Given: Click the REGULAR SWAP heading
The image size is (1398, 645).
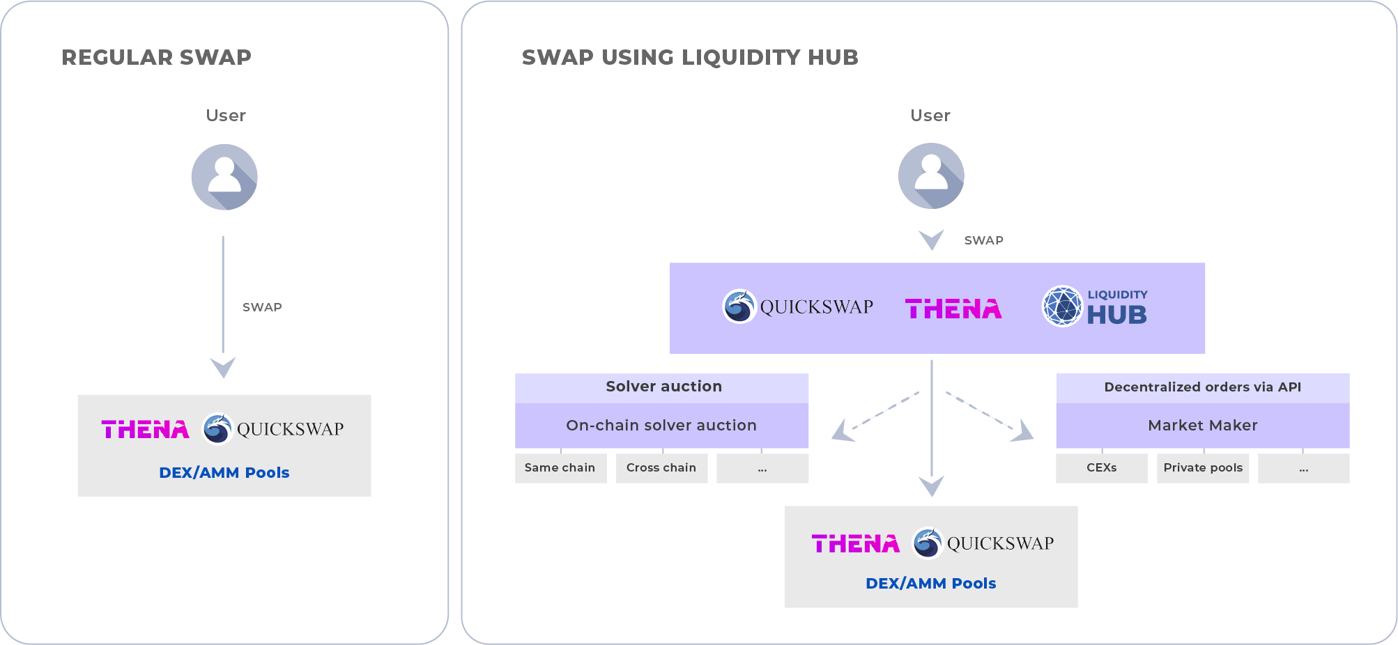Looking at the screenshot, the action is pyautogui.click(x=156, y=57).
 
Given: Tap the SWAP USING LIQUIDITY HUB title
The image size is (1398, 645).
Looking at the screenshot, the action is pyautogui.click(x=690, y=57).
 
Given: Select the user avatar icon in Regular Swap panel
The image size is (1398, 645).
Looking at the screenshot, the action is pyautogui.click(x=224, y=177).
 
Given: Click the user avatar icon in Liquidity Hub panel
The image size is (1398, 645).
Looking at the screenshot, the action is pyautogui.click(x=931, y=176).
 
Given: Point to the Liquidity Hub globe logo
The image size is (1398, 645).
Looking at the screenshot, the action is pyautogui.click(x=1062, y=306).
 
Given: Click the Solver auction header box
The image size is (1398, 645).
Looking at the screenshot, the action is pyautogui.click(x=661, y=387).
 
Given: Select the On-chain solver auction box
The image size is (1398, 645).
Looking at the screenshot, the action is pyautogui.click(x=661, y=425).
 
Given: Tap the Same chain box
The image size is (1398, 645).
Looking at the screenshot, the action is pyautogui.click(x=560, y=468).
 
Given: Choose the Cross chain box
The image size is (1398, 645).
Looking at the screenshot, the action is pyautogui.click(x=661, y=468).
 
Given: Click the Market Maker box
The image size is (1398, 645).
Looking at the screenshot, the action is pyautogui.click(x=1203, y=425).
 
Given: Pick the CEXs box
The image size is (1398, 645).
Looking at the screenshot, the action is pyautogui.click(x=1102, y=468).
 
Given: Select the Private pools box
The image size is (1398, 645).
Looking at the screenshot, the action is pyautogui.click(x=1203, y=468).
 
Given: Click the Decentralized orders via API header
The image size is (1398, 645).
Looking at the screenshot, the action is pyautogui.click(x=1203, y=387).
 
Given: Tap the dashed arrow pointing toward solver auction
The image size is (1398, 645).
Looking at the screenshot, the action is pyautogui.click(x=875, y=417).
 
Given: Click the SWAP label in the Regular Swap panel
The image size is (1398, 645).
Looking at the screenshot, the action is pyautogui.click(x=262, y=307).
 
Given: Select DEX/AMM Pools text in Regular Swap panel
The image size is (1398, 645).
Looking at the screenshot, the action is pyautogui.click(x=224, y=472).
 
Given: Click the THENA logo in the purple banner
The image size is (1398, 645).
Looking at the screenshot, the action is pyautogui.click(x=953, y=309).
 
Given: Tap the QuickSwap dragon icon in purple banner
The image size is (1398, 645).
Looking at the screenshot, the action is pyautogui.click(x=739, y=306).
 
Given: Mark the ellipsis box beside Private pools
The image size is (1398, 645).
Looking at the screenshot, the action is pyautogui.click(x=1304, y=468).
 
